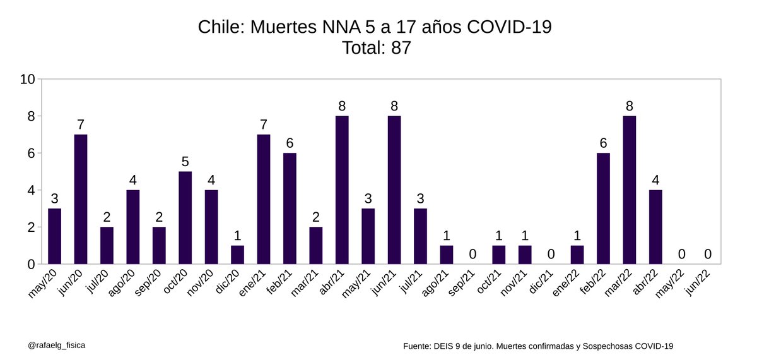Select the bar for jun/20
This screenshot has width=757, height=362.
[81, 199]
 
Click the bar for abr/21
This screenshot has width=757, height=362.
[342, 190]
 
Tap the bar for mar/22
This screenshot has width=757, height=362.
[629, 190]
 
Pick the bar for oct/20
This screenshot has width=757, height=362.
[185, 217]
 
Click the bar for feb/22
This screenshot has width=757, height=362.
[603, 208]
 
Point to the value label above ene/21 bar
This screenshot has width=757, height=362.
[264, 124]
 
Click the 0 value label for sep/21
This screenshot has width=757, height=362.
[472, 254]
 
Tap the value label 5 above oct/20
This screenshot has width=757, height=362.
[185, 162]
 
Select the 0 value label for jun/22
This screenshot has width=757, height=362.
[708, 254]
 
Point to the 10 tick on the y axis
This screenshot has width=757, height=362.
[27, 80]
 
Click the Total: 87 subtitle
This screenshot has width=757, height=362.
[376, 48]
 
